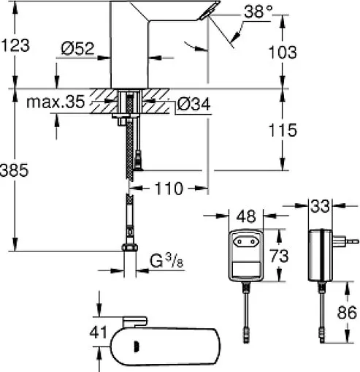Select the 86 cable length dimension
[x=346, y=314]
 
